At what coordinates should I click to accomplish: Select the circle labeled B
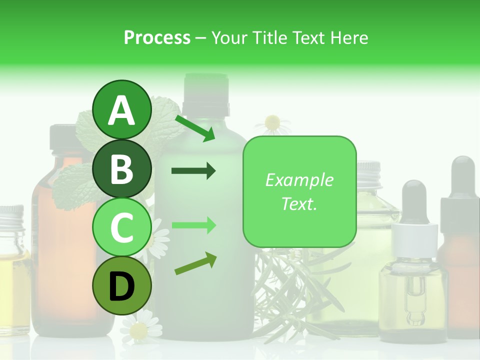coord(121,168)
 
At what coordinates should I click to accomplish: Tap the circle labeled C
coord(121,227)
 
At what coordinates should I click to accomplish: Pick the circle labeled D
coord(121,285)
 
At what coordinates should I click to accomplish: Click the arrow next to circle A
coord(195,128)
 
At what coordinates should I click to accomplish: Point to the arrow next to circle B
coord(193,171)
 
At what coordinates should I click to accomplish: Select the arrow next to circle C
coord(193,225)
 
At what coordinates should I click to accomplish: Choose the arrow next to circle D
coord(195,264)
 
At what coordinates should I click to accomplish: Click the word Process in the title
coord(157,37)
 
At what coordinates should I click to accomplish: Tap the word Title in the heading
coord(270,37)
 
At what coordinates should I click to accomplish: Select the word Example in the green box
coord(299,180)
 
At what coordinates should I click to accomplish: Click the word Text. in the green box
coord(299,203)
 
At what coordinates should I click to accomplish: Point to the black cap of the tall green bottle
coord(205,92)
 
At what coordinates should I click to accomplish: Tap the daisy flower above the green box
coord(272,122)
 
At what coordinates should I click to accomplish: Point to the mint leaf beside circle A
coord(165,120)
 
